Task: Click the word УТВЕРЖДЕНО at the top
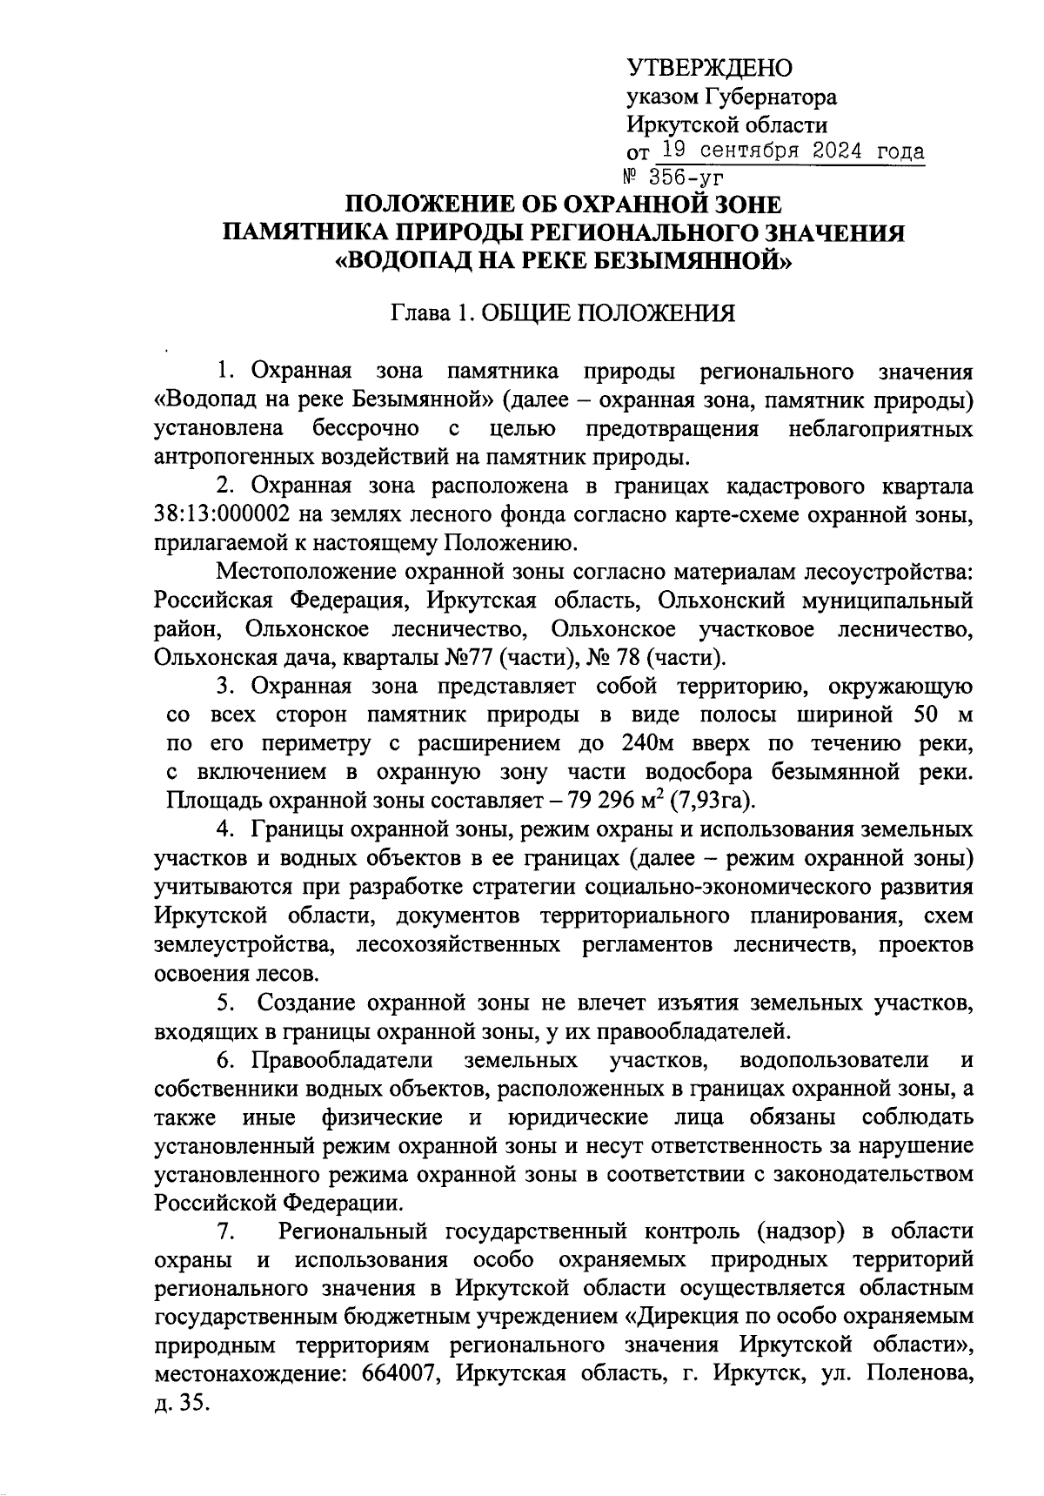[x=709, y=68]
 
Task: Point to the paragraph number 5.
[x=225, y=1003]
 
